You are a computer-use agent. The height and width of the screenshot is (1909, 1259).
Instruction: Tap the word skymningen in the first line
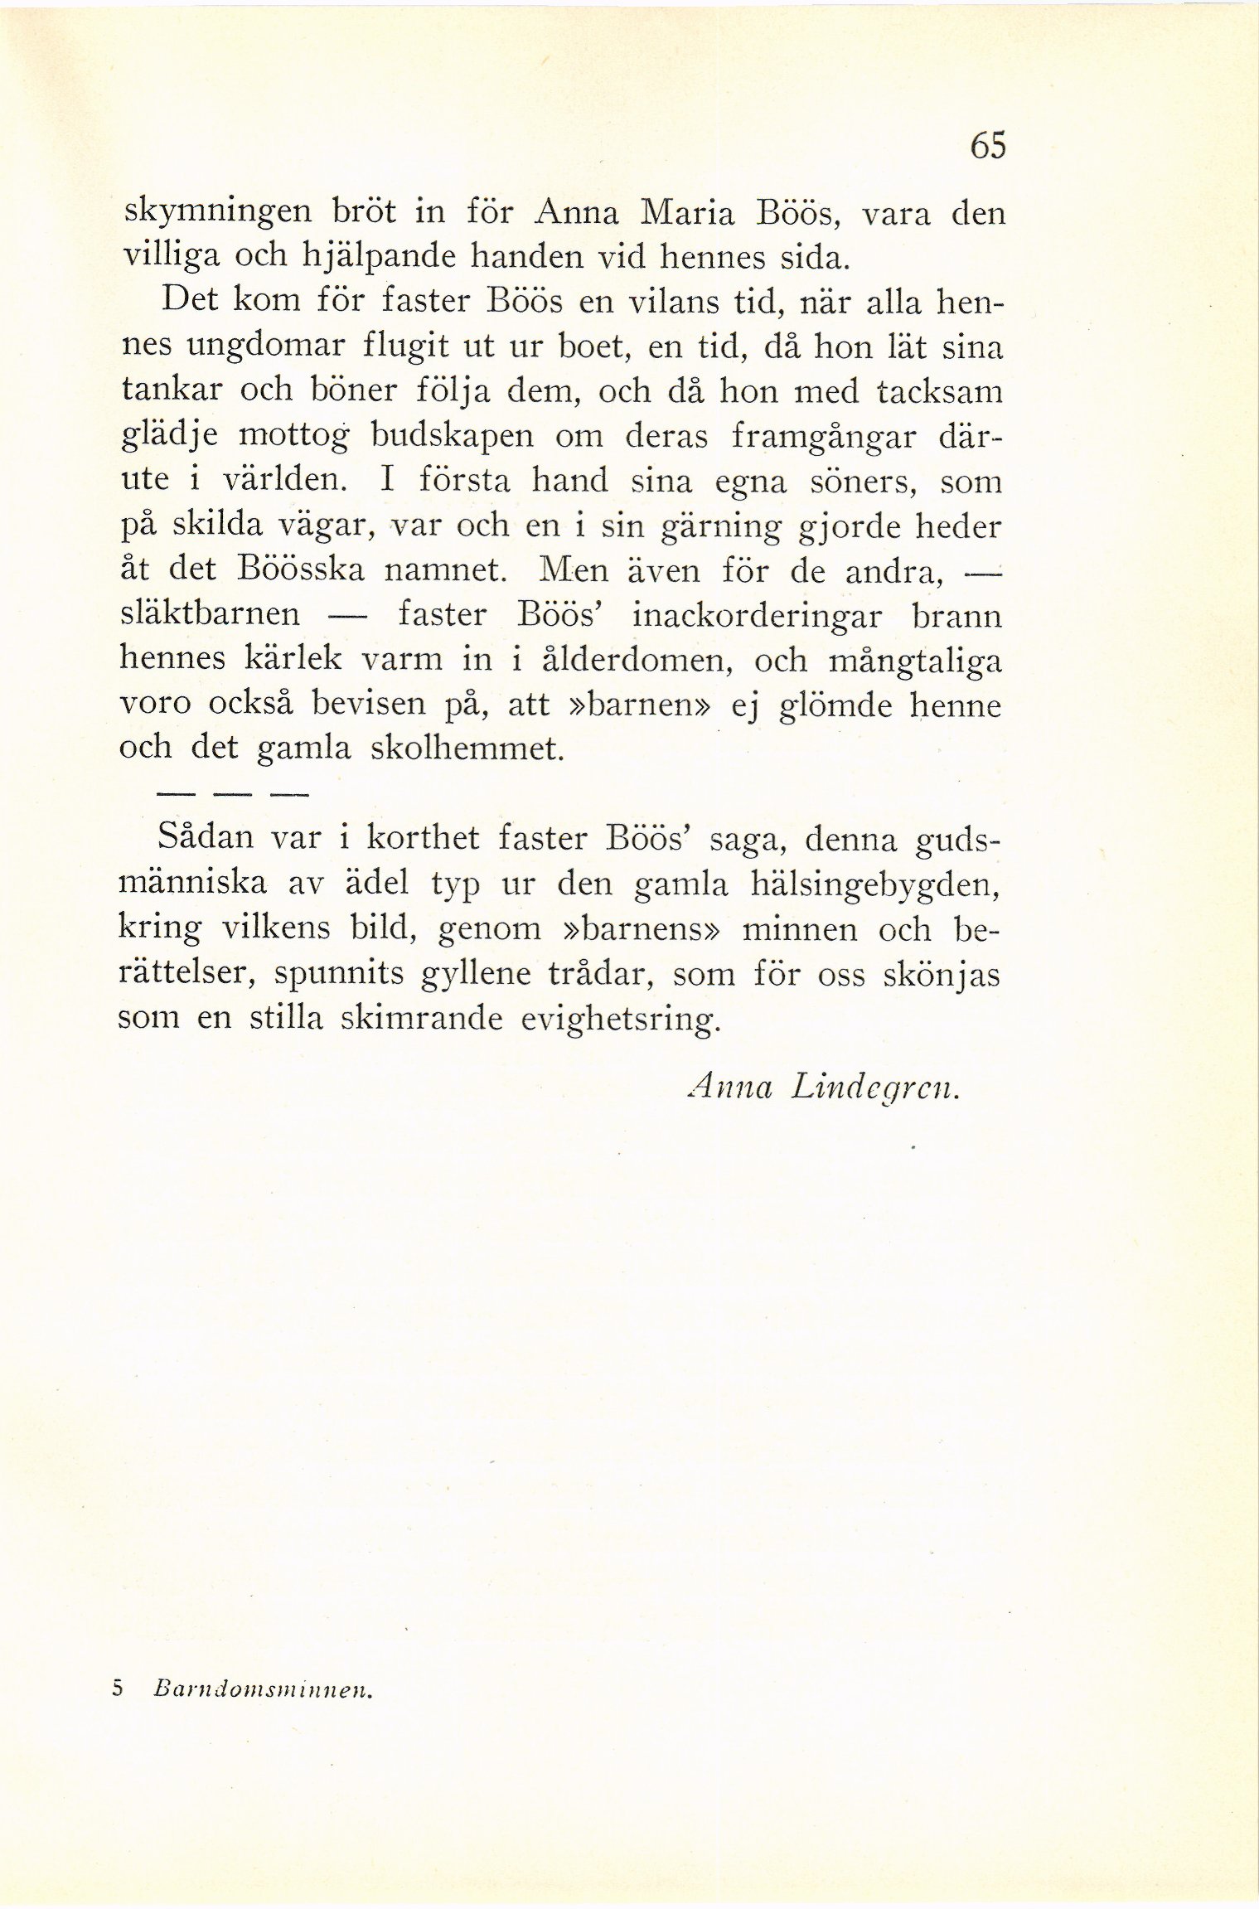click(x=217, y=216)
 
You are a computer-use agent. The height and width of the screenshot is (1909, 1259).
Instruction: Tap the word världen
click(x=271, y=482)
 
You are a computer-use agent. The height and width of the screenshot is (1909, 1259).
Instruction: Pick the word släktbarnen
click(x=210, y=616)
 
